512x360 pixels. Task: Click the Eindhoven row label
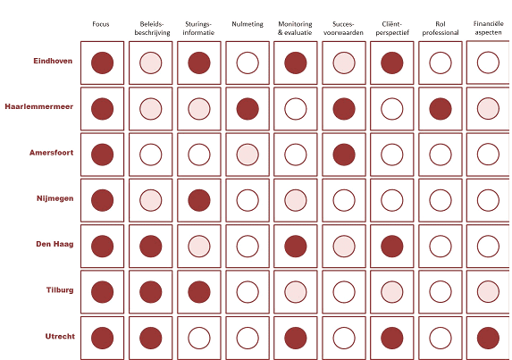[53, 61]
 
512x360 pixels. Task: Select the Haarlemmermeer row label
[38, 106]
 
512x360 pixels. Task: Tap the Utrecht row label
[60, 336]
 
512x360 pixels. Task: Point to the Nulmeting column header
[248, 24]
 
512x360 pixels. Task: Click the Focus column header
[101, 24]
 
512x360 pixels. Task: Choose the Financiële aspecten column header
[489, 28]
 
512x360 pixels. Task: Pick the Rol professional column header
[441, 28]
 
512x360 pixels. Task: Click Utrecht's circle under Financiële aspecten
[488, 339]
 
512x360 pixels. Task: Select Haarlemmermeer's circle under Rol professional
[441, 109]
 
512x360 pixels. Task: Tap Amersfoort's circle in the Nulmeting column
[248, 155]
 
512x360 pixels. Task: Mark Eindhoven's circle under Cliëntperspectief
[392, 63]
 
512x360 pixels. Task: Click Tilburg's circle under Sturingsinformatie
[199, 292]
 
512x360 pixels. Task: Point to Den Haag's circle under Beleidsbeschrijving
[150, 247]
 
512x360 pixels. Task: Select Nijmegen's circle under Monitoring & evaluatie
[296, 200]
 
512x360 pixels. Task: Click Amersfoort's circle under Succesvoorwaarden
[344, 155]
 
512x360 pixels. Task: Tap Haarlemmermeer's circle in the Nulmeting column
[248, 109]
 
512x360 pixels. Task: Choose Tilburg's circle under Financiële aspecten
[488, 292]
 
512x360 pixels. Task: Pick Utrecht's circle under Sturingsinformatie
[199, 339]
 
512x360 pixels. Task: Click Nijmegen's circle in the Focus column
[102, 200]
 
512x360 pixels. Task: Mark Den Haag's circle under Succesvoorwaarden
[344, 247]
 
